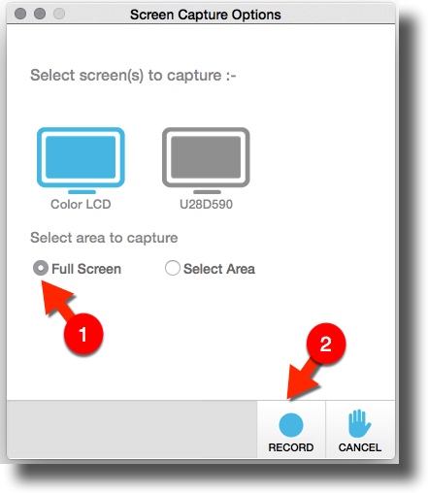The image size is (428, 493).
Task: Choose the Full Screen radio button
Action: point(41,268)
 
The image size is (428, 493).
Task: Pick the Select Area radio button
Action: point(173,268)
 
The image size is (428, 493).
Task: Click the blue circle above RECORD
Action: point(291,425)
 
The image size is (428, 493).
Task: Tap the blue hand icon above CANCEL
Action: point(359,423)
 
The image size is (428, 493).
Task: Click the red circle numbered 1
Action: point(83,334)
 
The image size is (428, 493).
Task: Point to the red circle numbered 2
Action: point(326,344)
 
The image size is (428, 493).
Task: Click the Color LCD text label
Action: point(81,204)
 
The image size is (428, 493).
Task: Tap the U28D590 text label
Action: point(206,204)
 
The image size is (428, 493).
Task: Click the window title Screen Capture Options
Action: point(206,15)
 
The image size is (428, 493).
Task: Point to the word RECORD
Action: point(291,447)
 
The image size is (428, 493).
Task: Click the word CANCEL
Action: point(360,447)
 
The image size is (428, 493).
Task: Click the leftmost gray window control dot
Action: point(20,14)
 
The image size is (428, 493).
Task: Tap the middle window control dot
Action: point(40,14)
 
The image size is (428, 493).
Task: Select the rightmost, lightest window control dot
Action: point(59,14)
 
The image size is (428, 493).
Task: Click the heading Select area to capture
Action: point(104,238)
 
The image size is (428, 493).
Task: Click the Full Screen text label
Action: point(86,269)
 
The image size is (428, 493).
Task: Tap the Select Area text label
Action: point(219,269)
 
